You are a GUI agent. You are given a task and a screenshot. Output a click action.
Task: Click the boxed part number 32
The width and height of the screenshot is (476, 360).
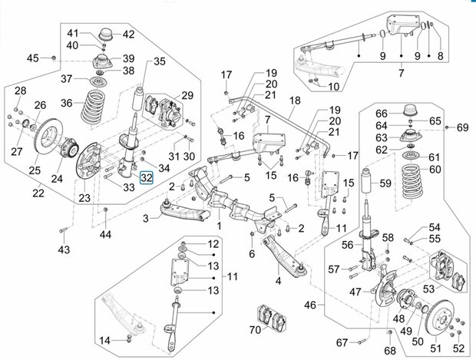(147, 177)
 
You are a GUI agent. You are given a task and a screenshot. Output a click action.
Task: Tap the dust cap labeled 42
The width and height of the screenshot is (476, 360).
(106, 35)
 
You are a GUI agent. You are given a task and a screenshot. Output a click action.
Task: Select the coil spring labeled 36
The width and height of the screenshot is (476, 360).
(94, 107)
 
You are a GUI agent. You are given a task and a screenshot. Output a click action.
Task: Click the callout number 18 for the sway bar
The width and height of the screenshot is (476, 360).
(295, 101)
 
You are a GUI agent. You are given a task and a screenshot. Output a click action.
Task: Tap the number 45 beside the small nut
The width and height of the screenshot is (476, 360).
(33, 58)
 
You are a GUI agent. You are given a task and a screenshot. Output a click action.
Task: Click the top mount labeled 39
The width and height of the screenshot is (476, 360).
(102, 61)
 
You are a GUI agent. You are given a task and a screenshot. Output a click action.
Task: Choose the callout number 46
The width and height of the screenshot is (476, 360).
(310, 305)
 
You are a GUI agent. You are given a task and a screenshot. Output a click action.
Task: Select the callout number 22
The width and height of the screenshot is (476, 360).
(38, 193)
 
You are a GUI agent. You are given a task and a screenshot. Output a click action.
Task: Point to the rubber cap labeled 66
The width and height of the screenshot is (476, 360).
(411, 111)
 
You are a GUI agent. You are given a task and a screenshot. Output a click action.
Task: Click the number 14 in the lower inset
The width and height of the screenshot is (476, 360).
(104, 341)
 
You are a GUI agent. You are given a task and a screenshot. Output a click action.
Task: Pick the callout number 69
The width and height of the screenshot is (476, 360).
(463, 127)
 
